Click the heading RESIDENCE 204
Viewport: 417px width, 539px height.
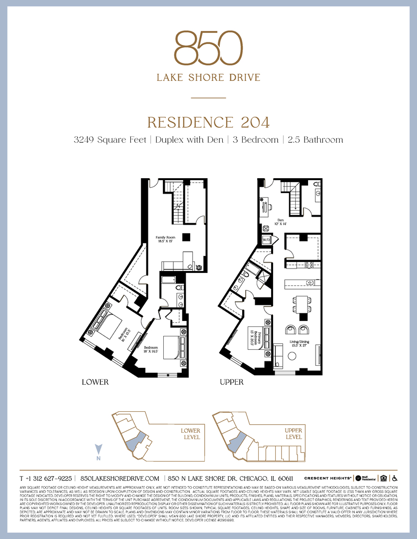(x=208, y=122)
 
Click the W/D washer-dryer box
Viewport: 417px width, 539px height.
(x=267, y=240)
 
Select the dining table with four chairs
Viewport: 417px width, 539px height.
(x=301, y=304)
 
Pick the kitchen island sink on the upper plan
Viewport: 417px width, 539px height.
(x=310, y=283)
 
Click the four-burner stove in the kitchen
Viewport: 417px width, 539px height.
(x=308, y=265)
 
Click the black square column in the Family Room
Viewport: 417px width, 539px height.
(x=186, y=237)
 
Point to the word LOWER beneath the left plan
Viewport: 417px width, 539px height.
(x=95, y=382)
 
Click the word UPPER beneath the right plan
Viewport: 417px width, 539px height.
(x=232, y=382)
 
